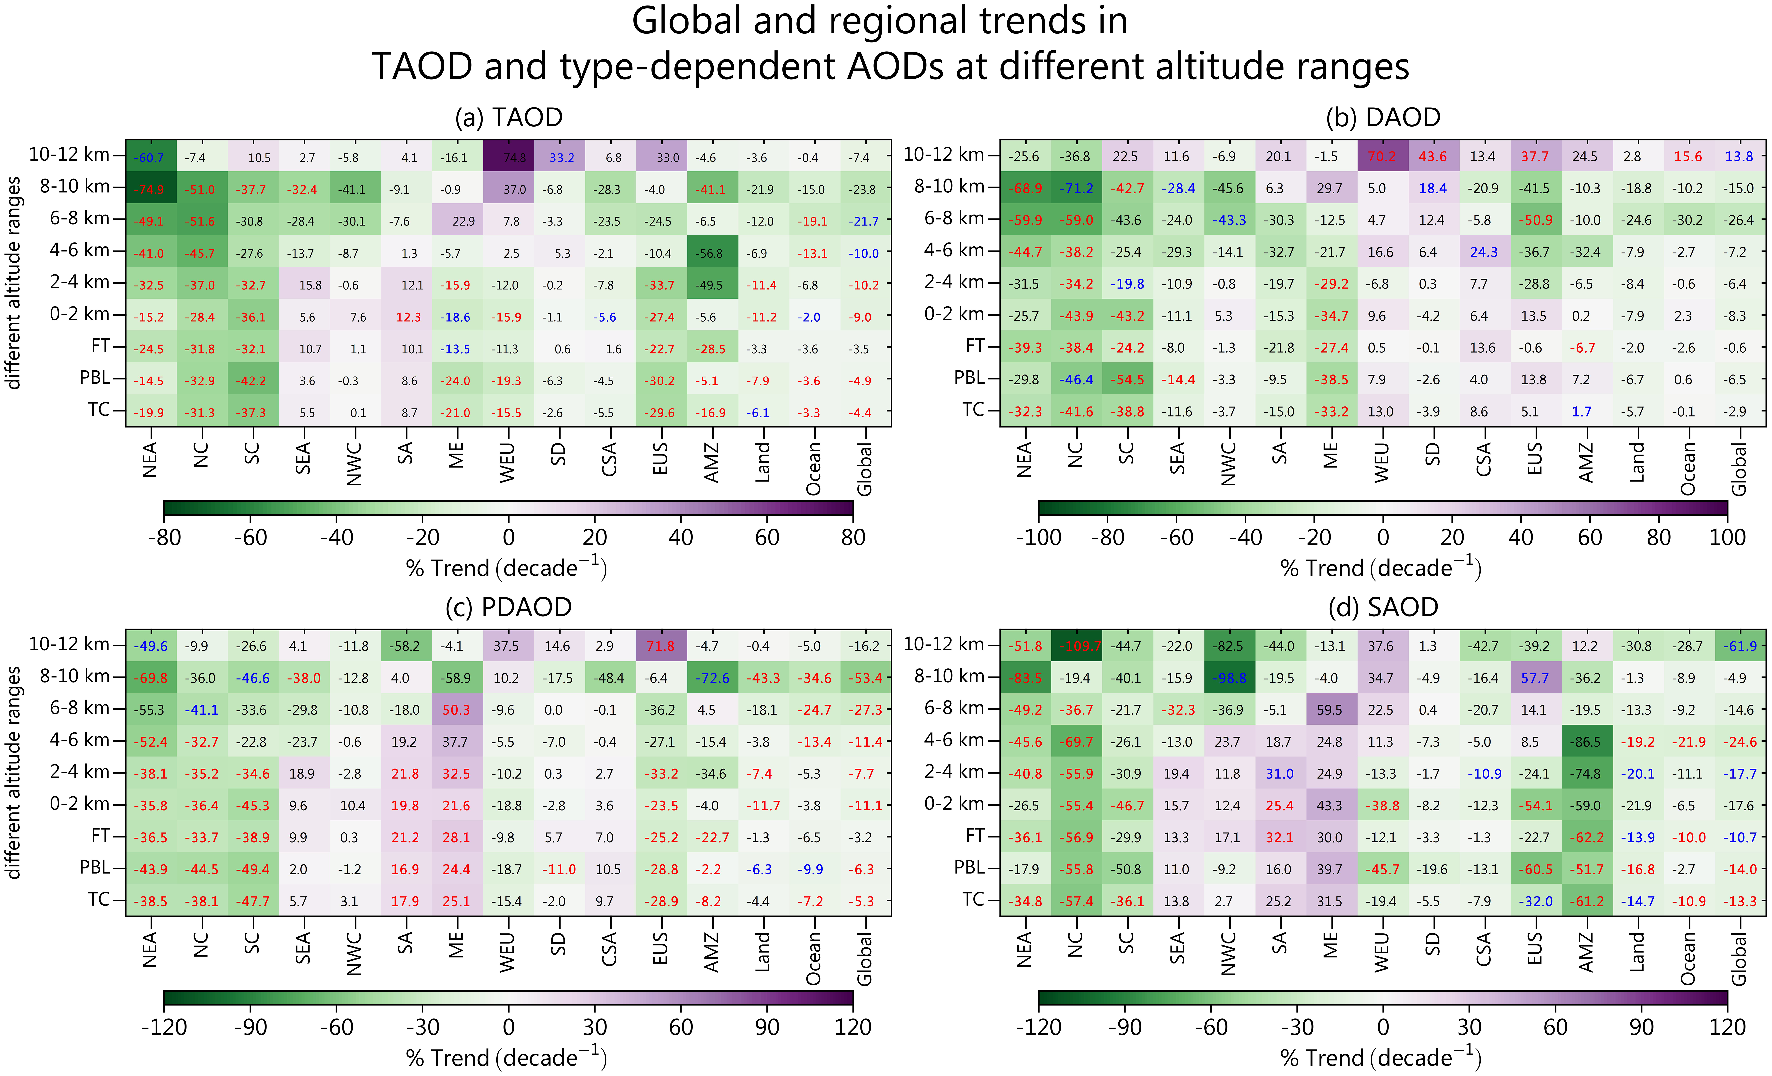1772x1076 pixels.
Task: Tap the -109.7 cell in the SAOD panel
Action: [1077, 646]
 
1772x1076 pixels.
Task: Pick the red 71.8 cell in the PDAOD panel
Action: [660, 646]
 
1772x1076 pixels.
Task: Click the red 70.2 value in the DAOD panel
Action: [1382, 156]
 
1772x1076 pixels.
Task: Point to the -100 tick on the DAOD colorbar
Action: [1039, 537]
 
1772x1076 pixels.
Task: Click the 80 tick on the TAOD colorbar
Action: [853, 537]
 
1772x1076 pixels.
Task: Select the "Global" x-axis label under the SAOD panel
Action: [1739, 959]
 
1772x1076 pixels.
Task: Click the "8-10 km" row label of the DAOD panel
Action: [948, 186]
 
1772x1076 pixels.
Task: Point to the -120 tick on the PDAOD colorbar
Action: [164, 1026]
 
